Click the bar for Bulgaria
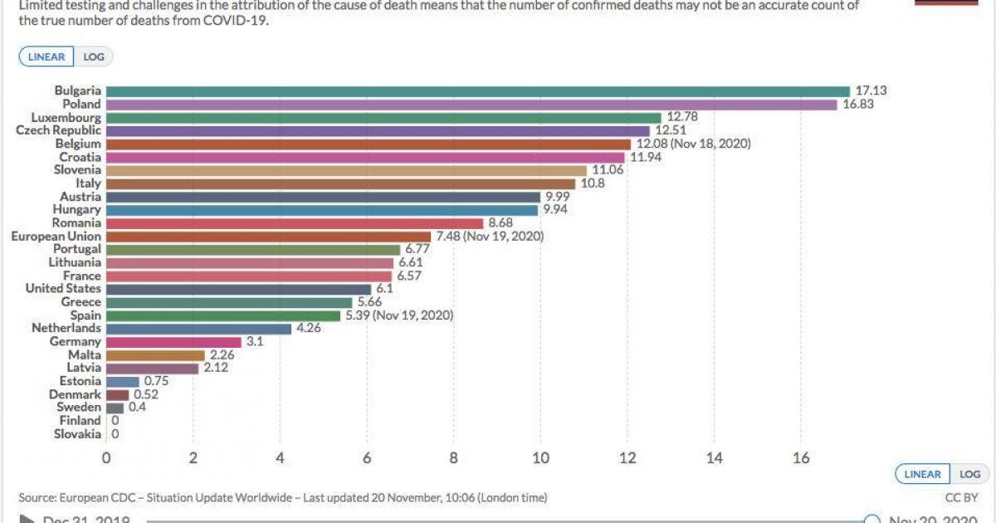tap(478, 91)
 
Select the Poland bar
tap(471, 105)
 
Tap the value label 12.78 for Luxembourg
tap(681, 118)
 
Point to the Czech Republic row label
tap(58, 130)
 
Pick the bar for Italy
tap(340, 183)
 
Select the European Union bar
tap(268, 237)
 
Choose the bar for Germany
tap(173, 341)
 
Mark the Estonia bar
tap(123, 381)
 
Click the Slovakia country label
tap(77, 434)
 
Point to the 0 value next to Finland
tap(115, 421)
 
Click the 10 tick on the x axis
tap(540, 457)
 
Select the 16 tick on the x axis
tap(801, 457)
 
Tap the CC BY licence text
tap(963, 498)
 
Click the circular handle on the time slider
tap(871, 520)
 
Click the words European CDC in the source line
tap(97, 498)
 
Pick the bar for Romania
tap(295, 223)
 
